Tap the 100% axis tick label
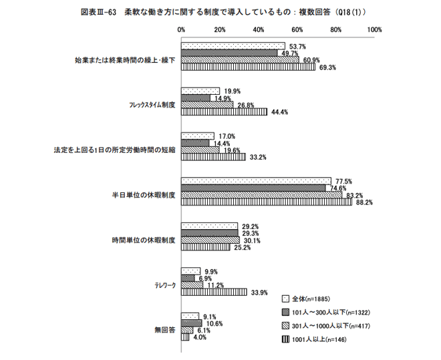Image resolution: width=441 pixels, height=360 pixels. coord(374,30)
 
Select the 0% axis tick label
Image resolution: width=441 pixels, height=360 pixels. coord(182,30)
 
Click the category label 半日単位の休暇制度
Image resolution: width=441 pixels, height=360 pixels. coord(144,196)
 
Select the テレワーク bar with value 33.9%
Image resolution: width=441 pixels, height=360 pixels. coord(214,292)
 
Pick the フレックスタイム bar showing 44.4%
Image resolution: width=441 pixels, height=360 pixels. coord(225,112)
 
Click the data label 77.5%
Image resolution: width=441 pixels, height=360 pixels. coord(343,181)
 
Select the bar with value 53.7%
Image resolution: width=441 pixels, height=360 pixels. coord(233,46)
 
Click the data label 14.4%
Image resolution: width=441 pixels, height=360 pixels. coord(220,143)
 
